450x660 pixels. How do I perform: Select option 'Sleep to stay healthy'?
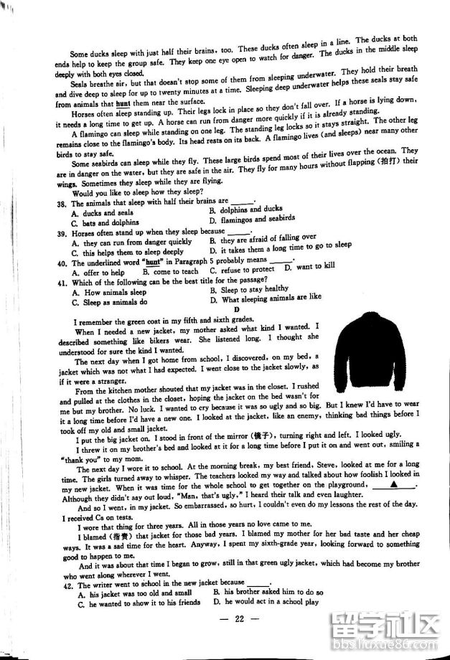249,289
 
